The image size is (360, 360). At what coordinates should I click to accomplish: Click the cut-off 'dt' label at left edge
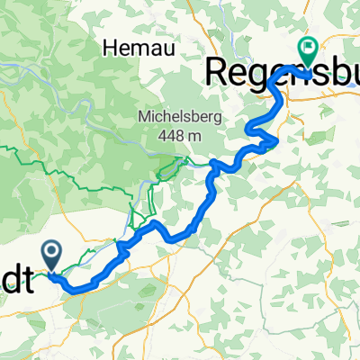pyautogui.click(x=16, y=283)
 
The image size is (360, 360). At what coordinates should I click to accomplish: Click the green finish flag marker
pyautogui.click(x=307, y=53)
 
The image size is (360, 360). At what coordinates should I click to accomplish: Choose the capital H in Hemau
pyautogui.click(x=112, y=47)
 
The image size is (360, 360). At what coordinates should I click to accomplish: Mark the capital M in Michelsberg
pyautogui.click(x=143, y=119)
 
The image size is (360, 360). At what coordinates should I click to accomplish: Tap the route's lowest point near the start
pyautogui.click(x=76, y=290)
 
